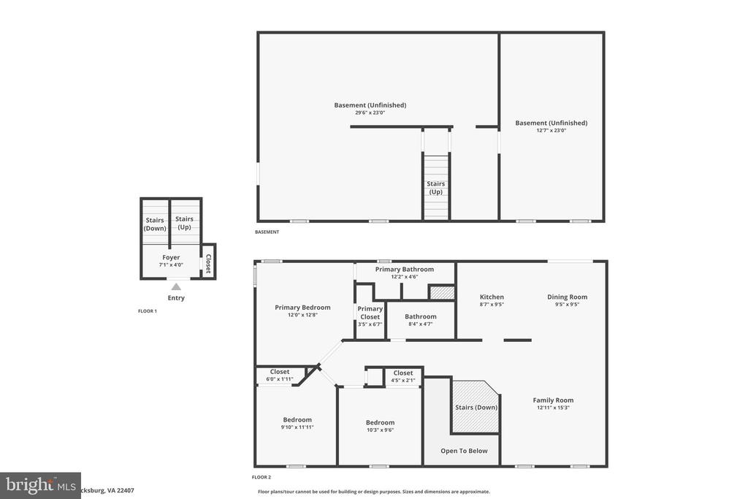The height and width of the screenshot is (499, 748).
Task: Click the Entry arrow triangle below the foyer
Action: (x=176, y=287)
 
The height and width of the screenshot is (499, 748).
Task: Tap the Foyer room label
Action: (x=171, y=258)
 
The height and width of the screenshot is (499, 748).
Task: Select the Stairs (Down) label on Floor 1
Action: (x=155, y=224)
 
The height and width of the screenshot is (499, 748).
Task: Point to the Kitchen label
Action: (x=492, y=297)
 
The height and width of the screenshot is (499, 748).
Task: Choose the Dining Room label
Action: (x=568, y=297)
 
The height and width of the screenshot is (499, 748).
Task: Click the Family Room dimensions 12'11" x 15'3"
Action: (x=553, y=408)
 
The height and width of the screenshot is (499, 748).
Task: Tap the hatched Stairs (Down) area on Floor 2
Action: (x=476, y=407)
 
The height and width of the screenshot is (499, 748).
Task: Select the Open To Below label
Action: (x=464, y=451)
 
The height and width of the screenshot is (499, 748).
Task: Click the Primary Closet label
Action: (x=370, y=313)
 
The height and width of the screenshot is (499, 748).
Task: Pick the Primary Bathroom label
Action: (x=404, y=270)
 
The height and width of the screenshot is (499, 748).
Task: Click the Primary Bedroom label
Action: (x=302, y=308)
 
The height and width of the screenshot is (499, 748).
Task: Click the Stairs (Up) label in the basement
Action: (x=435, y=188)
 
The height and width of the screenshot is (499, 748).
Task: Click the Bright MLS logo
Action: (x=40, y=485)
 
